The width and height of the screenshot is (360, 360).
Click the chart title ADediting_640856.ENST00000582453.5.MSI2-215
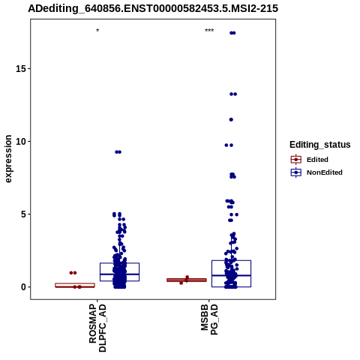(153, 9)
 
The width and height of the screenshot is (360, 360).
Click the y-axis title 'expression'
(8, 159)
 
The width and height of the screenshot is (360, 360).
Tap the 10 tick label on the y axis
(21, 142)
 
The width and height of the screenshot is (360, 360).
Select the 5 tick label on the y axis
(23, 214)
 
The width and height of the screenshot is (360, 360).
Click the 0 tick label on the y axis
(23, 287)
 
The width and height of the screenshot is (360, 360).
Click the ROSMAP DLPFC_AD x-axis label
(97, 328)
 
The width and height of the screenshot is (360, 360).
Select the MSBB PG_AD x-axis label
(209, 319)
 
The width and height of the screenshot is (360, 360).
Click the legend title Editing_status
(320, 145)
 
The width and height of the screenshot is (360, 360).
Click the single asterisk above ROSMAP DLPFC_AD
(97, 31)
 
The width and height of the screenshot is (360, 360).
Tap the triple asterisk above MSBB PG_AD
(209, 31)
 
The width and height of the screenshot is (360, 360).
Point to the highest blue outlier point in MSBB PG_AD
(232, 33)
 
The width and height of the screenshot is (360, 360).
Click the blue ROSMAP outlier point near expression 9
(118, 152)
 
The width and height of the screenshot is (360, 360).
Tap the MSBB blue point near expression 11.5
(231, 120)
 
